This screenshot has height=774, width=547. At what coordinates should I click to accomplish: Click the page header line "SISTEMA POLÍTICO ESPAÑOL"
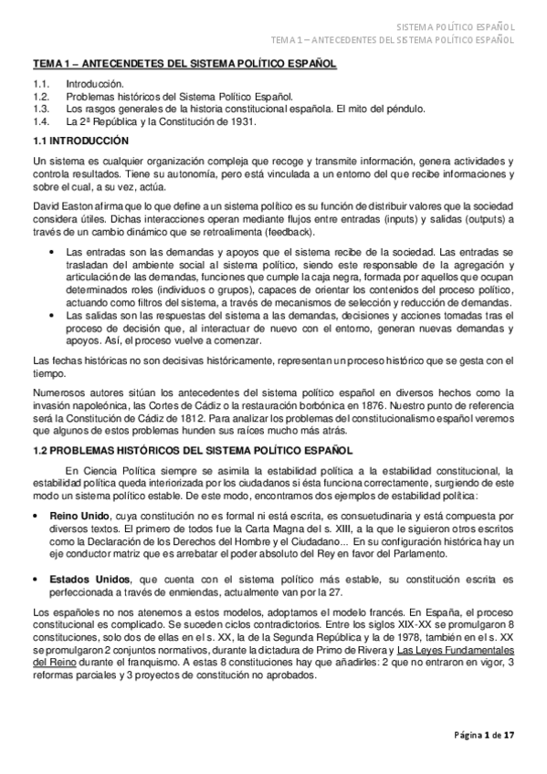coord(457,26)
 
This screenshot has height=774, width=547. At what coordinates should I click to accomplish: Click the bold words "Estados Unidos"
coord(92,579)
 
